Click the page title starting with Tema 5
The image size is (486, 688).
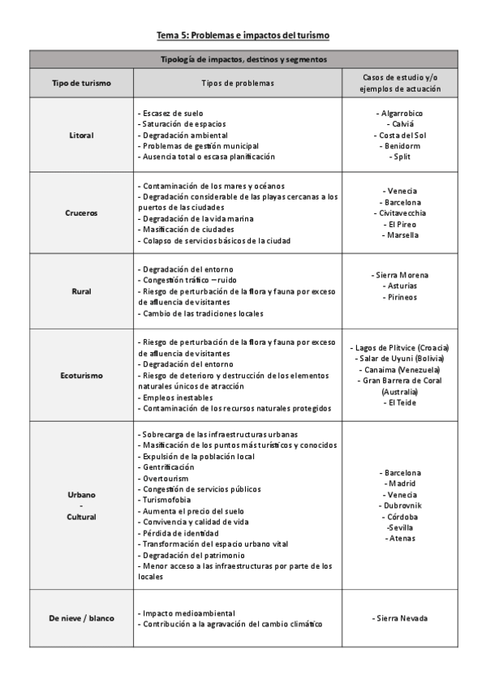243,36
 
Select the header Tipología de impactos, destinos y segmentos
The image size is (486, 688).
243,59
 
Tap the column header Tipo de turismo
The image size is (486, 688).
81,83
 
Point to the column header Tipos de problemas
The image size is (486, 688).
237,83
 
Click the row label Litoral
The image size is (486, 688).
81,135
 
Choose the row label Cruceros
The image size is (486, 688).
81,213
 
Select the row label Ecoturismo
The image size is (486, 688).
81,375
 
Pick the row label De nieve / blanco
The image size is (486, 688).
81,618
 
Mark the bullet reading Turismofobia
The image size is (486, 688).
167,500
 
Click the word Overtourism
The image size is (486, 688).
167,478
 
